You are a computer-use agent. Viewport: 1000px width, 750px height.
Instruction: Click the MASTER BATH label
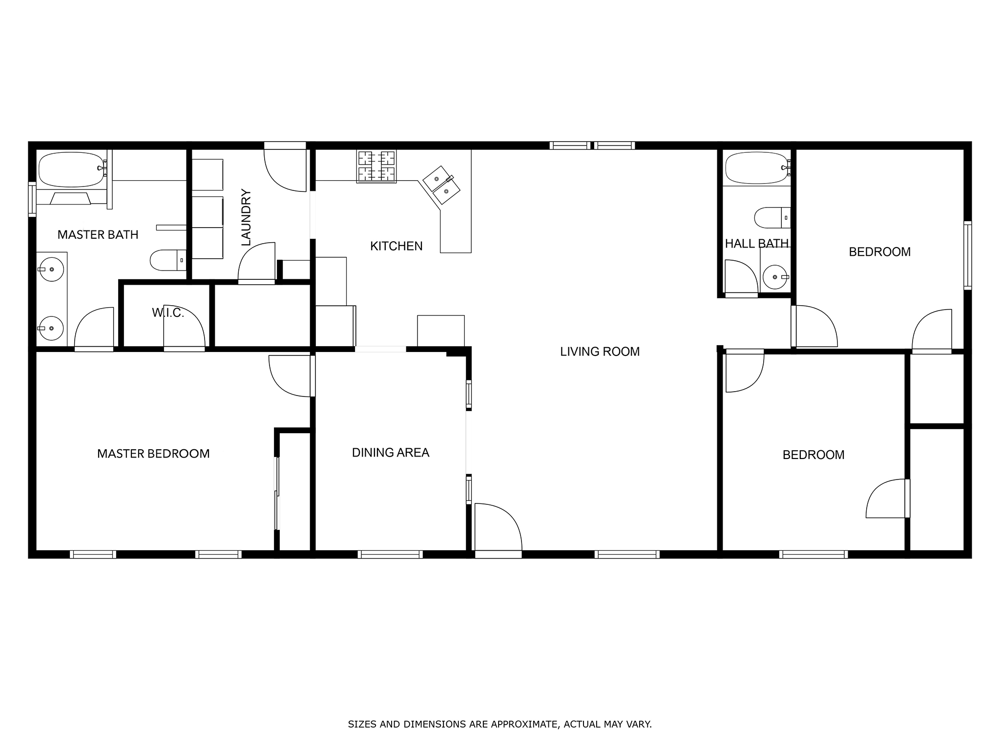[98, 235]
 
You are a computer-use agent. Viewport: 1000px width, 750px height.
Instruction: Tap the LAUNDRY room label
[246, 217]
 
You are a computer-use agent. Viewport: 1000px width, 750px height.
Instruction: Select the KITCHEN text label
[396, 246]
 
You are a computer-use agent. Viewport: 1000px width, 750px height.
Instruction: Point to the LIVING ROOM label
[600, 352]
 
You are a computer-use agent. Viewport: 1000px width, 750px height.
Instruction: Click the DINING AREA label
[391, 453]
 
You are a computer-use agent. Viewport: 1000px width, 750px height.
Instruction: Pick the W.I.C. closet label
[168, 313]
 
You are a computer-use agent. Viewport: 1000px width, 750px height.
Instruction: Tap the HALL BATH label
[757, 244]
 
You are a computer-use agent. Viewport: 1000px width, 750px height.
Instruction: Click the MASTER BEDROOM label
[153, 454]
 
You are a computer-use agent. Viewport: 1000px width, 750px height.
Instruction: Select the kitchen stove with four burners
[376, 167]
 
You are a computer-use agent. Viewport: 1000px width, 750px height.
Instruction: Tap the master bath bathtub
[72, 169]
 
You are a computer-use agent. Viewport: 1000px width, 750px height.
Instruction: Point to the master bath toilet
[168, 260]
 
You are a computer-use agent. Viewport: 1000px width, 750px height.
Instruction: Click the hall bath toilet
[772, 218]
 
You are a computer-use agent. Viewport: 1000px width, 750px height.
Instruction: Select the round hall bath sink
[775, 278]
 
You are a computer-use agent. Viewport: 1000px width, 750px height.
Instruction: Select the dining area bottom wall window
[390, 554]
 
